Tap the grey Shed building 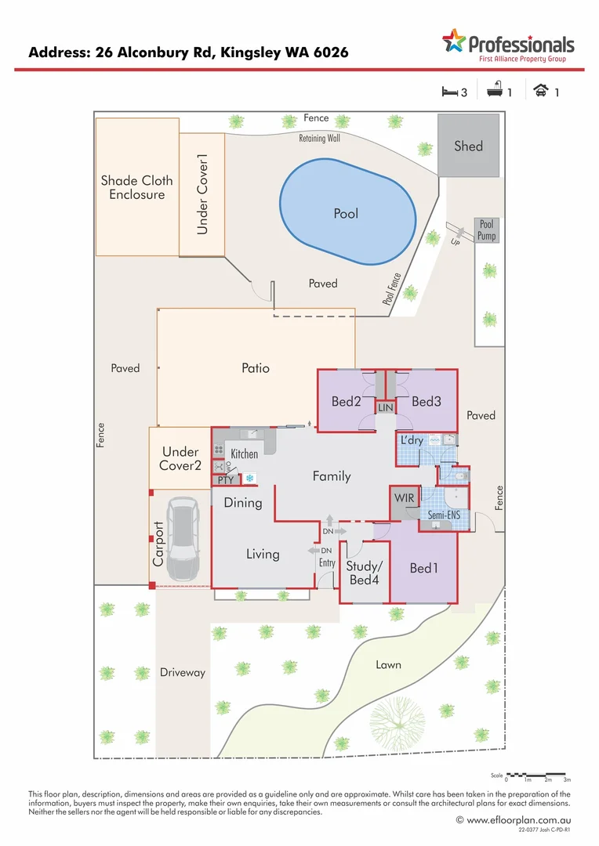tap(468, 146)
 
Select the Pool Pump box tap(486, 230)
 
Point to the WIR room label tap(405, 498)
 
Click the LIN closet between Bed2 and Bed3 tap(385, 408)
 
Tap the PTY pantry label tap(226, 479)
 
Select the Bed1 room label tap(424, 568)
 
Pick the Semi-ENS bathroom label tap(443, 515)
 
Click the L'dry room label tap(412, 441)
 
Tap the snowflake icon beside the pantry tap(250, 478)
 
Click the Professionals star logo tap(454, 41)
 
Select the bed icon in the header tap(449, 92)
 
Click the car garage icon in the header tap(540, 92)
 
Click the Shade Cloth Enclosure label tap(136, 187)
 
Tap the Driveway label tap(182, 672)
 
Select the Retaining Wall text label tap(319, 139)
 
